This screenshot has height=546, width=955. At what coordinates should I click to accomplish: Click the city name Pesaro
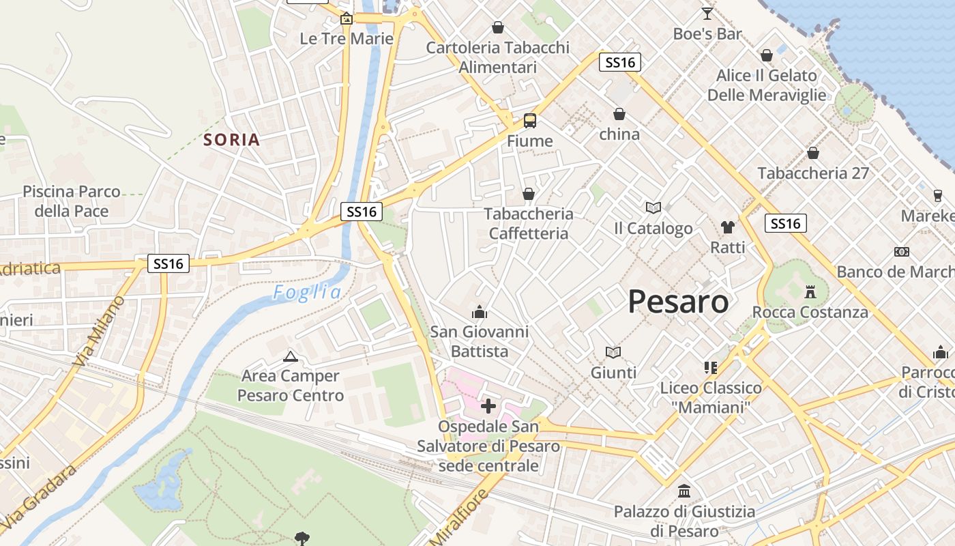(x=678, y=301)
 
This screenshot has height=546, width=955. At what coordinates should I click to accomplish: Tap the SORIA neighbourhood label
(x=232, y=140)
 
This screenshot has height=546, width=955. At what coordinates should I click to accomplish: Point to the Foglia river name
(x=307, y=293)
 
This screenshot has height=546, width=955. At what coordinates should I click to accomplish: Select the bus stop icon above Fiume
(x=530, y=121)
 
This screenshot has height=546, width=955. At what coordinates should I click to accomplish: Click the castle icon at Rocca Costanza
(x=810, y=292)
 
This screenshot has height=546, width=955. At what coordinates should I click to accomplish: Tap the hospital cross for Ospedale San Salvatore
(x=488, y=406)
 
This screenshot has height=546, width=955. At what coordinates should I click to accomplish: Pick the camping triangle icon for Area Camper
(x=291, y=356)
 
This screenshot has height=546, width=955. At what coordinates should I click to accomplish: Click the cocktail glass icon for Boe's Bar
(x=707, y=13)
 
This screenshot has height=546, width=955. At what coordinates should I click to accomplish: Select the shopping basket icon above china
(x=619, y=113)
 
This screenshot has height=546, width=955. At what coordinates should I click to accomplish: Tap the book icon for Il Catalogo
(x=653, y=207)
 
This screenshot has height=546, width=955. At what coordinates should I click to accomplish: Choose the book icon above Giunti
(x=613, y=352)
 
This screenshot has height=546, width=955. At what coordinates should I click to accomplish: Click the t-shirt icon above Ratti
(x=727, y=227)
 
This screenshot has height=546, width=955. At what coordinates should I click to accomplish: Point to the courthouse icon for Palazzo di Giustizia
(x=684, y=491)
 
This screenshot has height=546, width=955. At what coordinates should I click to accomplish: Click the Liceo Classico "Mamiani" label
(x=711, y=397)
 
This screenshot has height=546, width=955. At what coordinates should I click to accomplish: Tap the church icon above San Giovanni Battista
(x=480, y=312)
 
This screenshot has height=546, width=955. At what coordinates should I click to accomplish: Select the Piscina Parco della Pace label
(x=72, y=201)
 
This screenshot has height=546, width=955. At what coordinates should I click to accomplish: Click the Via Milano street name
(x=100, y=331)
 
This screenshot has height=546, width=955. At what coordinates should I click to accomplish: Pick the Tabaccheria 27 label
(x=813, y=173)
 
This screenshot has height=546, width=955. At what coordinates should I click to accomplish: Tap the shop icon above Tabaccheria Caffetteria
(x=528, y=195)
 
